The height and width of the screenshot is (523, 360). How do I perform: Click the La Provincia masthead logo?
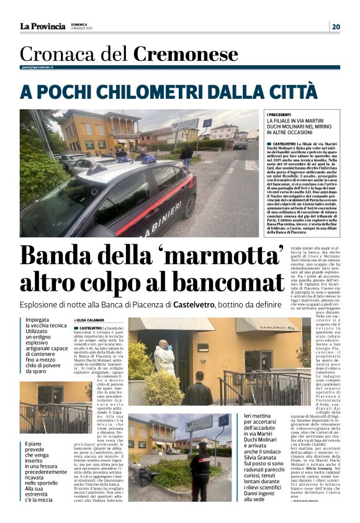click(42, 26)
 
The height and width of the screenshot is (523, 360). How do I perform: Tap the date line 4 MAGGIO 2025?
click(82, 29)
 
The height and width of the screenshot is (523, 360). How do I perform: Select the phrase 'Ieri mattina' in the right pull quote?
click(259, 416)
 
